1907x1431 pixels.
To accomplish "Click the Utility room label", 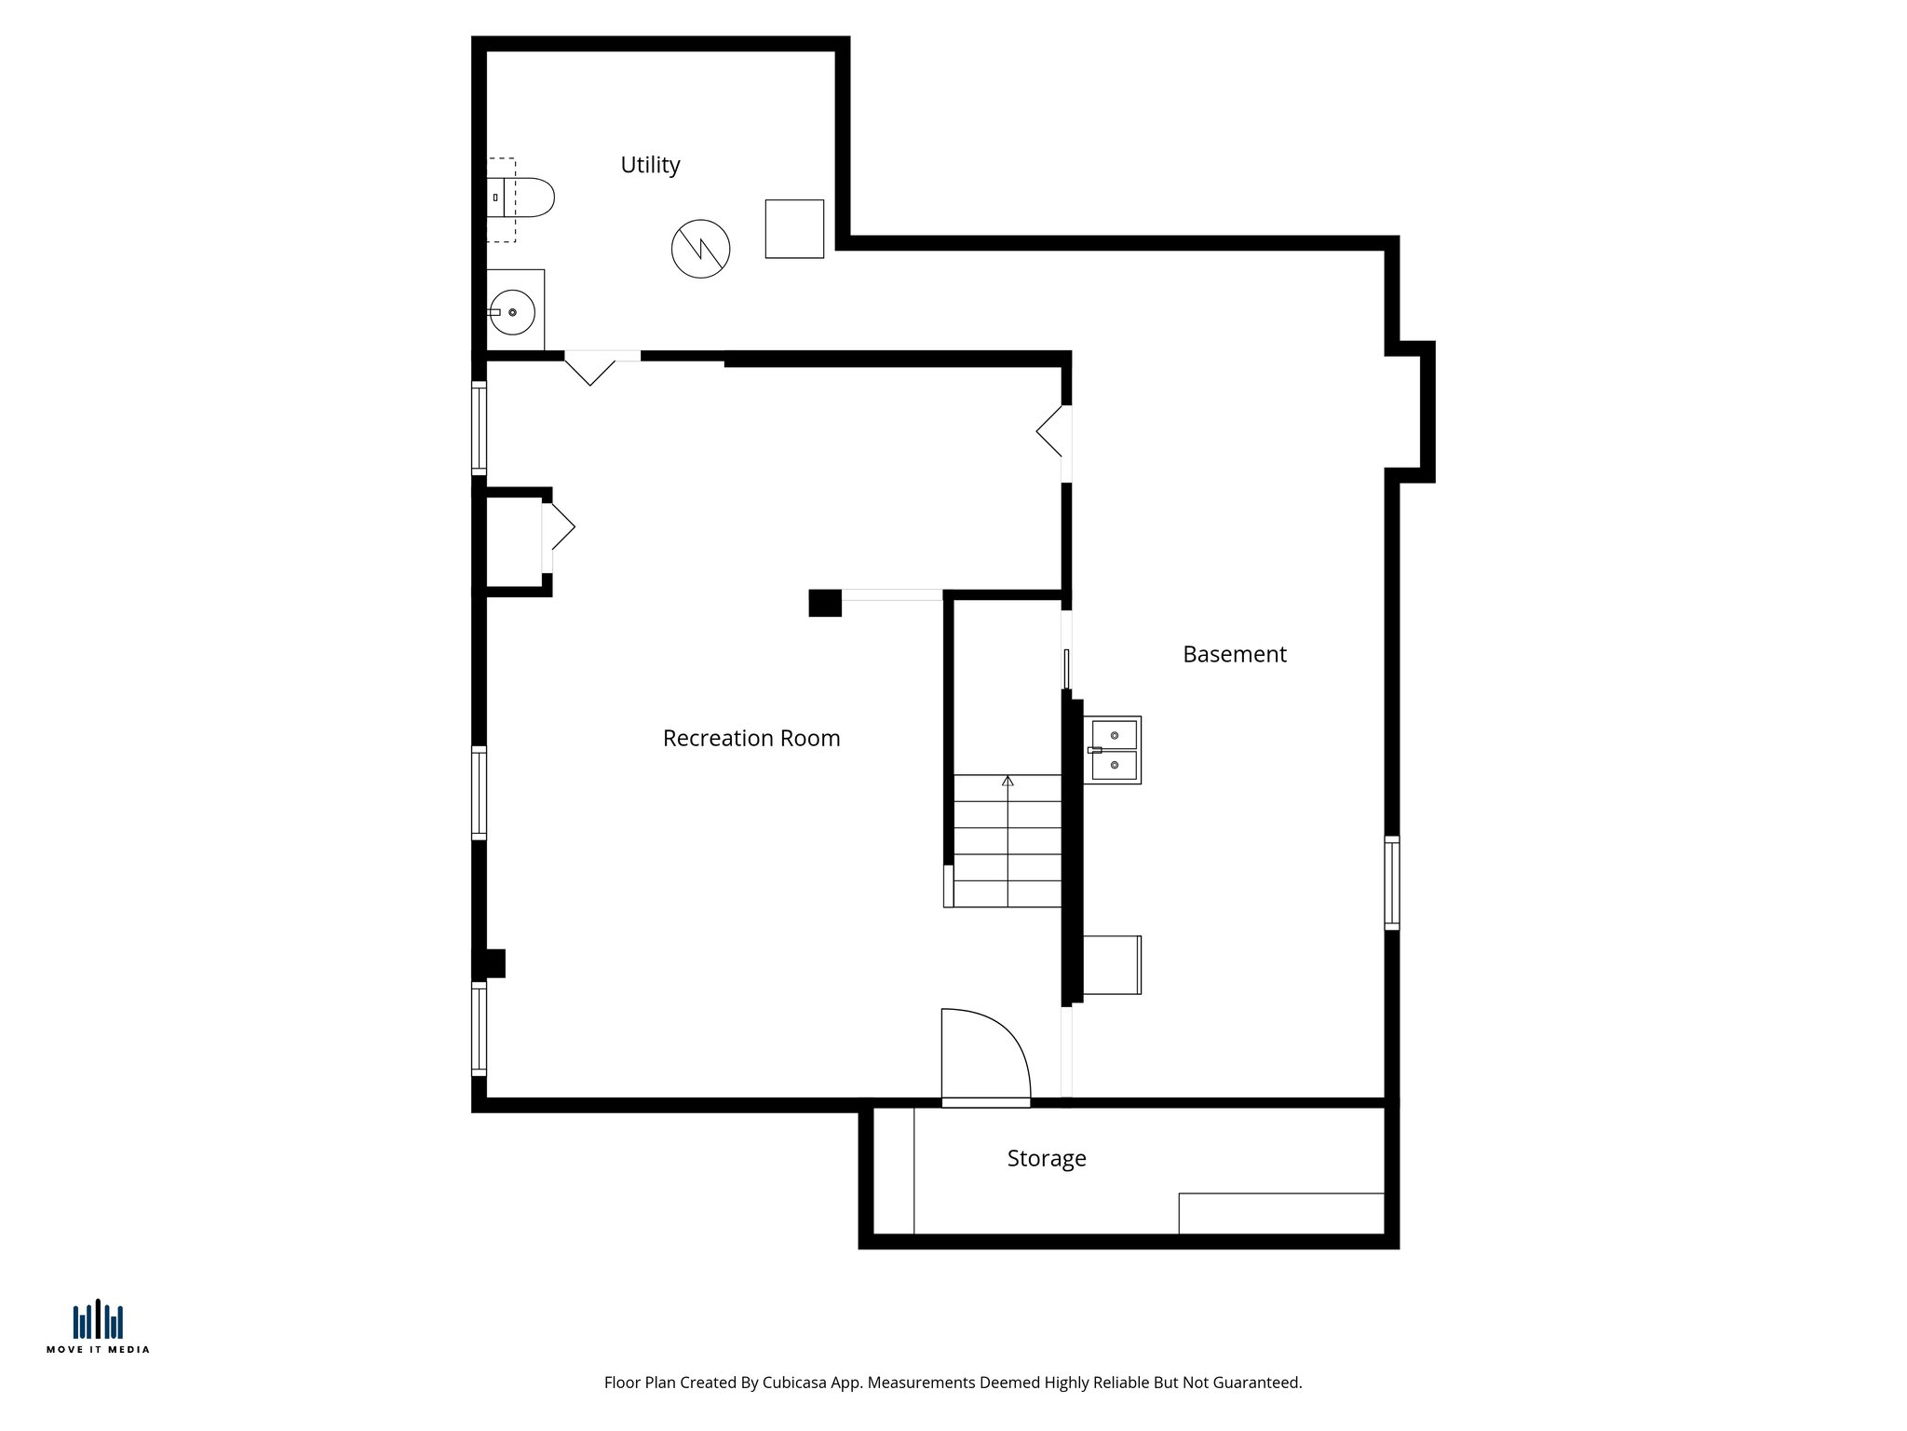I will click(x=650, y=165).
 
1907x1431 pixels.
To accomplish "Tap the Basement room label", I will click(x=1234, y=655).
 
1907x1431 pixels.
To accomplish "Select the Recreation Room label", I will click(x=751, y=739).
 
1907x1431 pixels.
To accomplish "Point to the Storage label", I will click(x=1046, y=1159).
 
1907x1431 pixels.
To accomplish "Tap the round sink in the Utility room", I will click(x=512, y=312).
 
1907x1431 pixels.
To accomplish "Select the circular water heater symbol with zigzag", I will click(x=700, y=249).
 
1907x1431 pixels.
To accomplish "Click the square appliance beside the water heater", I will click(x=794, y=229).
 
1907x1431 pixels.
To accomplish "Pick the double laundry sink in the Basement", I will click(x=1113, y=750).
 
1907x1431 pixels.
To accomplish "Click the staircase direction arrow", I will click(x=1008, y=781).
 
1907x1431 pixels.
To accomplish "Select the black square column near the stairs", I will click(x=824, y=603).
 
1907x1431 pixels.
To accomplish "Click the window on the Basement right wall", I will click(x=1391, y=882).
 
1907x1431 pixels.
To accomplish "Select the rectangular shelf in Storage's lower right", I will click(x=1280, y=1213).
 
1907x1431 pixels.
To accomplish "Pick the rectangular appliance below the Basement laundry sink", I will click(x=1112, y=965).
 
